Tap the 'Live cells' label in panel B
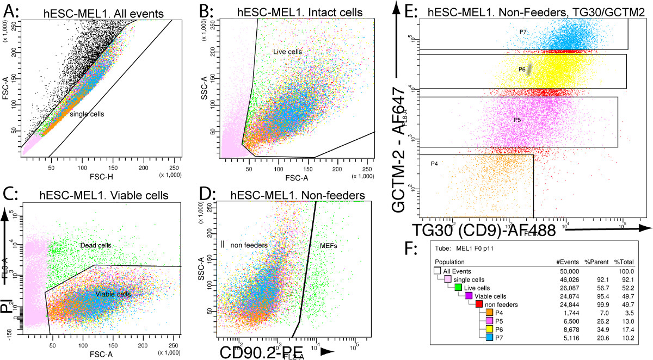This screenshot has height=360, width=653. pos(287,51)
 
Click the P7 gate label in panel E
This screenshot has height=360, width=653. pos(522,32)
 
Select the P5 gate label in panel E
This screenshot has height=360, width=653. pos(518,119)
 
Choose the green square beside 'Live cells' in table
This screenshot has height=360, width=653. pos(458,287)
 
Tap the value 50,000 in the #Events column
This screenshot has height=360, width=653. pos(562,270)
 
